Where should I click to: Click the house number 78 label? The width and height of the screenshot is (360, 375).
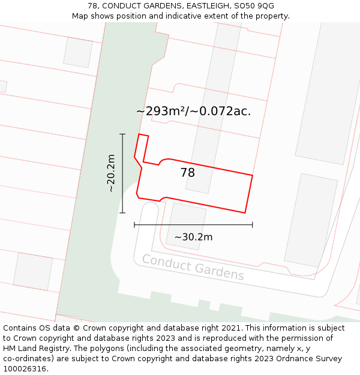[x=188, y=173]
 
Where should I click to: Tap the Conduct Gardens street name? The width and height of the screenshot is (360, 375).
[x=193, y=267]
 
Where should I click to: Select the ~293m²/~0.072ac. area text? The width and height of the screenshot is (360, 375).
[x=193, y=111]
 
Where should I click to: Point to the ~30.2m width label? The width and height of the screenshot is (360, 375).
[x=193, y=237]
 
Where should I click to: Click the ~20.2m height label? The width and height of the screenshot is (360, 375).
[x=110, y=173]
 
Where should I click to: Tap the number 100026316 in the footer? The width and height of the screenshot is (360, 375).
[x=26, y=369]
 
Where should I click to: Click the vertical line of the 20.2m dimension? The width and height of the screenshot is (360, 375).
[x=122, y=173]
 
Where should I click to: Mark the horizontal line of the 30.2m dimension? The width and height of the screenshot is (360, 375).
[x=193, y=225]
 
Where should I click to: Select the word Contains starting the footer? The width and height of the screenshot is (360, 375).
[x=20, y=328]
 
